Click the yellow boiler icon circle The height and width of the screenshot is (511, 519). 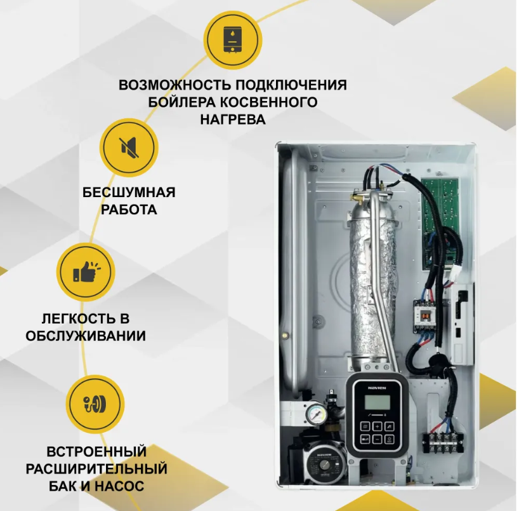233,40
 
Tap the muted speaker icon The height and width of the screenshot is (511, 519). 129,147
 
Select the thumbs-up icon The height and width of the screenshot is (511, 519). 86,272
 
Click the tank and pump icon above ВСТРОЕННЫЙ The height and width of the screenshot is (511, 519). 95,404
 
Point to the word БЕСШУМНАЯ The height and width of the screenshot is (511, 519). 129,193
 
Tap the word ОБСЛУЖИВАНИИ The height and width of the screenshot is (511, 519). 86,336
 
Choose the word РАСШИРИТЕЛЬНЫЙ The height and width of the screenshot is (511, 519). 96,469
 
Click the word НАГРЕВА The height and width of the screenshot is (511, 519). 233,119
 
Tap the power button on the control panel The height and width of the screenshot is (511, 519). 390,440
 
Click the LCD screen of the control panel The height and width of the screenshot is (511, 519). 377,402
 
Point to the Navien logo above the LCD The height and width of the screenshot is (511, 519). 377,388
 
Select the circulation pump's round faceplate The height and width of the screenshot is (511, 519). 324,465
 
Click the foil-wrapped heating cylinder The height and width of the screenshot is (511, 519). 372,285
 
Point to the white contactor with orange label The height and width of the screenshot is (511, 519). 424,315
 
